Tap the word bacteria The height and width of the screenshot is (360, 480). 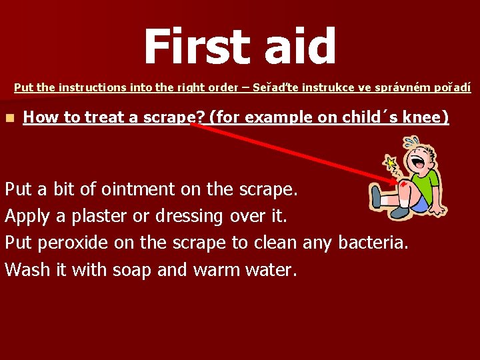[372, 243]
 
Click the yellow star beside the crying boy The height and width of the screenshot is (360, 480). [390, 162]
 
